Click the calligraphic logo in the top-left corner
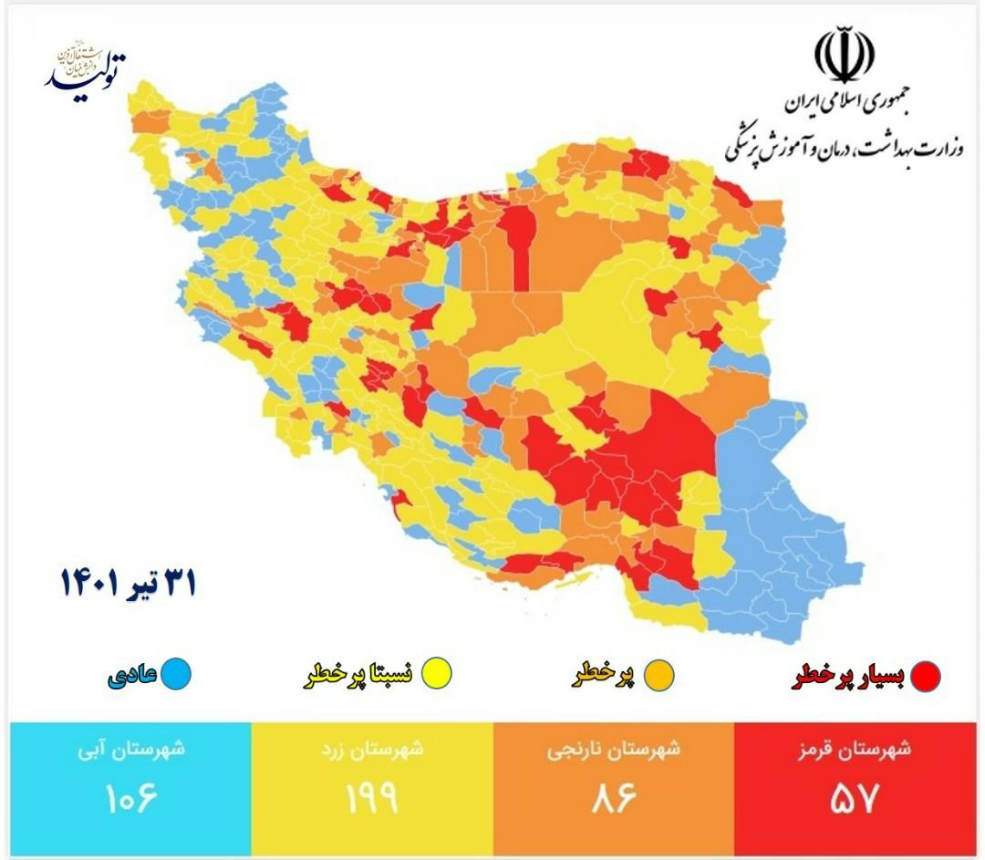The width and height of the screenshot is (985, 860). coord(87,66)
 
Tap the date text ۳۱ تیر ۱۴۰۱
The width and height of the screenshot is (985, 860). coord(128,581)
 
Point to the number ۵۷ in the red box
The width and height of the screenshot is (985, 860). coord(854,799)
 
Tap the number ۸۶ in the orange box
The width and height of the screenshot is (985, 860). coord(612,799)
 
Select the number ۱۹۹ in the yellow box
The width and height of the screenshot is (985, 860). coord(372,799)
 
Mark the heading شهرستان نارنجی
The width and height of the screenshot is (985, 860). coord(612,750)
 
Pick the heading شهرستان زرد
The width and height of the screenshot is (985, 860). coord(372,750)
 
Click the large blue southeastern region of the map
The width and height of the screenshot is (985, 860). coord(775,529)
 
